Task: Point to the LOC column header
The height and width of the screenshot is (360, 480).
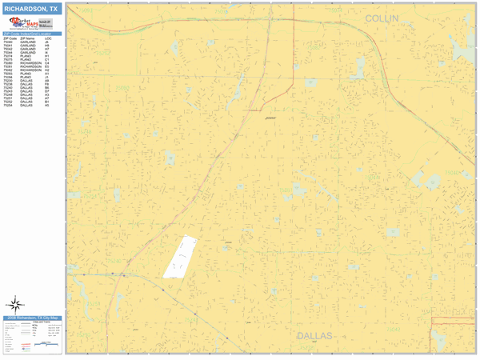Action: point(49,38)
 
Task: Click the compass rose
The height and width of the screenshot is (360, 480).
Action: point(15,304)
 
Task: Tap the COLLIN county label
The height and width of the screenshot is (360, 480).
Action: point(382,18)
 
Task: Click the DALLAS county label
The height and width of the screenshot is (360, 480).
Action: point(314,336)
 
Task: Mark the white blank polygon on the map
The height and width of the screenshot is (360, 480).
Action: point(181,257)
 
